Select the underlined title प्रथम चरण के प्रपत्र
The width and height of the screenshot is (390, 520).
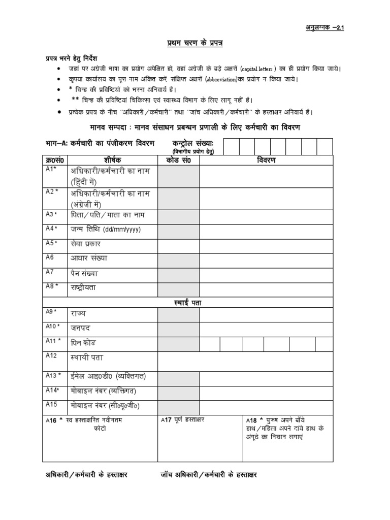194,44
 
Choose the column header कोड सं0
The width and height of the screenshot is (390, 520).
178,160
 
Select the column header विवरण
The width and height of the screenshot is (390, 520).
266,160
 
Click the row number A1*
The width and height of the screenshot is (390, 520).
51,170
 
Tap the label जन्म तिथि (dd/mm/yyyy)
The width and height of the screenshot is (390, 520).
106,229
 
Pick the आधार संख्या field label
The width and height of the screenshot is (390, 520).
89,258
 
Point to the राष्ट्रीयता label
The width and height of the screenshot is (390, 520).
83,288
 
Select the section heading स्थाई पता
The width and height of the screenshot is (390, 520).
188,302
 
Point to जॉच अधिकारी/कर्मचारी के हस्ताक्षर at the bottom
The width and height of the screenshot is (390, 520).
209,475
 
